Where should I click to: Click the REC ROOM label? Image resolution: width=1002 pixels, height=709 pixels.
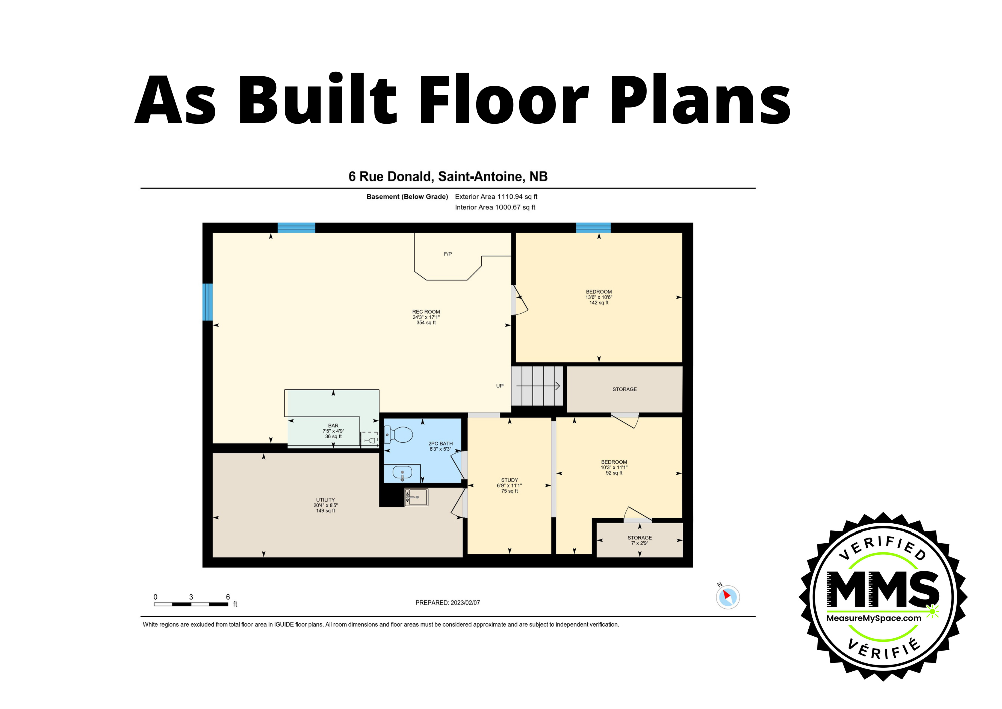(x=426, y=312)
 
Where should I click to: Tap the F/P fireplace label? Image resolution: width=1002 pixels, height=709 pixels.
(x=448, y=254)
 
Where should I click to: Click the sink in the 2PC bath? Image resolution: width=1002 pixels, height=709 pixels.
(x=402, y=472)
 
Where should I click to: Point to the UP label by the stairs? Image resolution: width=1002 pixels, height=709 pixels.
(x=499, y=386)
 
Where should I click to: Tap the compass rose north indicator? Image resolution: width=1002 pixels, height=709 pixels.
(x=727, y=597)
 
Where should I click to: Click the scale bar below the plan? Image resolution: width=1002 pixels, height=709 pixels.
(x=191, y=604)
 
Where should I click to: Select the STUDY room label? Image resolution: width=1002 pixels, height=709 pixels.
(x=509, y=480)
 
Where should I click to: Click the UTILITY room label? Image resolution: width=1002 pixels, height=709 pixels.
(x=325, y=500)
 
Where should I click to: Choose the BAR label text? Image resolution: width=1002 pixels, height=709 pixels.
(x=333, y=426)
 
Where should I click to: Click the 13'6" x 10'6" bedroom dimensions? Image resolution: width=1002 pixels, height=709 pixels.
(x=599, y=297)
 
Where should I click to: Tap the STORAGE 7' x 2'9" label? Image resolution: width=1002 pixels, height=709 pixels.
(x=640, y=540)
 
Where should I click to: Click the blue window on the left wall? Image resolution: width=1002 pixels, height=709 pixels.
(x=207, y=302)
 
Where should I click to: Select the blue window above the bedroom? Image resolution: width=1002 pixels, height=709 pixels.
(x=593, y=228)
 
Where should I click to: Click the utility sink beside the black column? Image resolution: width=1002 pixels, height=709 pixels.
(x=416, y=497)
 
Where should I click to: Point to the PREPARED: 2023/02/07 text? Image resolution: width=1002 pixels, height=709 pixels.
(x=447, y=603)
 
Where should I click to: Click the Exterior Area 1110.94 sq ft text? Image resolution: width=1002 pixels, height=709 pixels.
(x=496, y=197)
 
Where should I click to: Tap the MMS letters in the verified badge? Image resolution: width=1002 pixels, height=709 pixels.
(x=883, y=589)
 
